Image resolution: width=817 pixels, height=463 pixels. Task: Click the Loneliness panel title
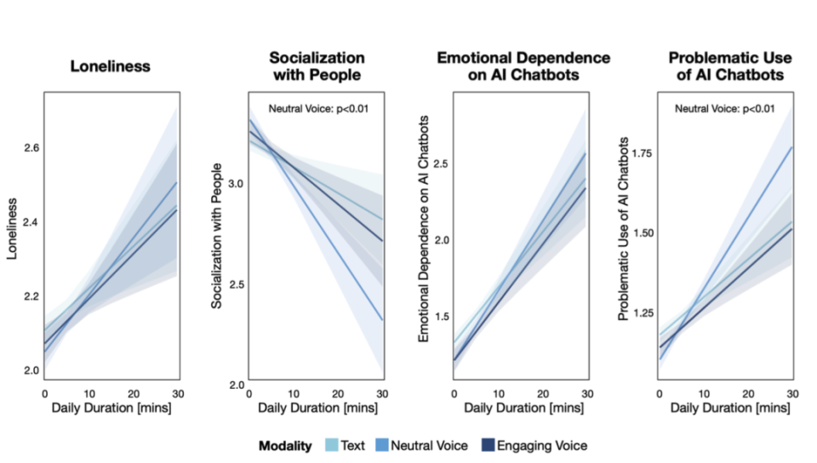(x=111, y=66)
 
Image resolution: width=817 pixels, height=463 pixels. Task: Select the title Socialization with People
(x=317, y=66)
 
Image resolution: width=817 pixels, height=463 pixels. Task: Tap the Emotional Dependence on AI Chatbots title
(x=523, y=66)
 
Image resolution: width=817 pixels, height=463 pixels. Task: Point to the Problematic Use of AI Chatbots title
(x=729, y=66)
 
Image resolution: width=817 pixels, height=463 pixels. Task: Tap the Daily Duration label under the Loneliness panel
(x=111, y=410)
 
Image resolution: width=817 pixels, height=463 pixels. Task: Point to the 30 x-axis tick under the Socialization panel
(x=381, y=394)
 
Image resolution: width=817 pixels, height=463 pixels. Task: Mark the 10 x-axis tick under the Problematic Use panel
(x=702, y=394)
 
